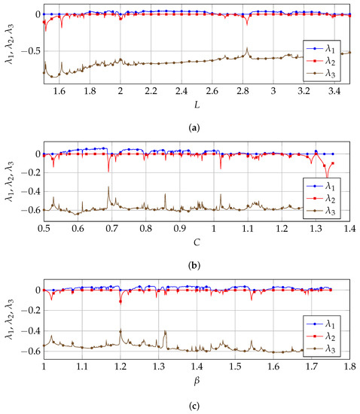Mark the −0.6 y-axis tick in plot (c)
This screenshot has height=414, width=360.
point(27,351)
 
